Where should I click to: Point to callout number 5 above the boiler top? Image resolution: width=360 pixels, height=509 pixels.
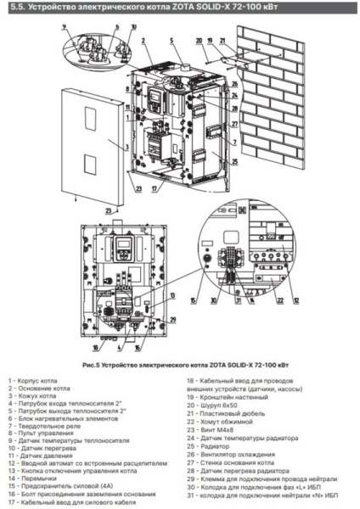point(171,40)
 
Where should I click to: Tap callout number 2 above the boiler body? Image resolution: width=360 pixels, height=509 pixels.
point(145,40)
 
